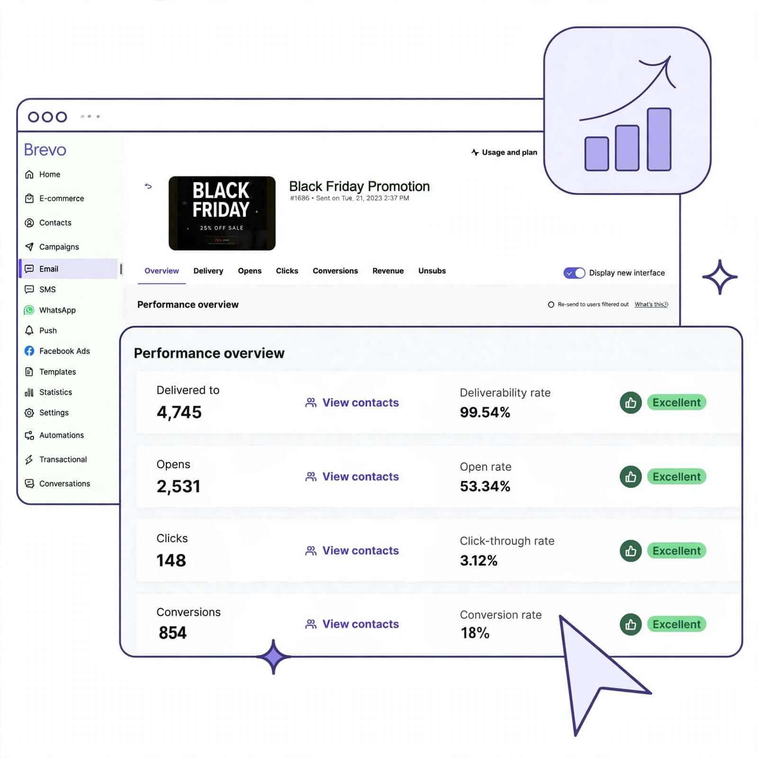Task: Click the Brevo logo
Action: (x=45, y=150)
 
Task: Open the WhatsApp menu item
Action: (x=57, y=310)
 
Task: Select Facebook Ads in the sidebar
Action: (x=57, y=351)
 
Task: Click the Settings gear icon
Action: (x=29, y=413)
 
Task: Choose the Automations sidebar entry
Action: (x=54, y=435)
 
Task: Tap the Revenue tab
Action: (x=388, y=271)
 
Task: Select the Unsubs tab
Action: (x=432, y=271)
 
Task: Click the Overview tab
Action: (x=162, y=271)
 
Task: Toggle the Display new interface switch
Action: (x=574, y=273)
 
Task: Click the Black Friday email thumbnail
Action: (x=222, y=213)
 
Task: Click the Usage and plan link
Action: (x=504, y=153)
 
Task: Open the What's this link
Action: (x=651, y=305)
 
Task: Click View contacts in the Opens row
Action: (x=352, y=477)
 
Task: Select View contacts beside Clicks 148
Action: (x=352, y=550)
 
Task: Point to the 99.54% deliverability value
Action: (x=485, y=413)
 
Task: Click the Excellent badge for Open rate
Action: (x=677, y=477)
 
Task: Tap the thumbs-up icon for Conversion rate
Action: (x=631, y=624)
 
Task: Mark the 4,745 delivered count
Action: (x=179, y=413)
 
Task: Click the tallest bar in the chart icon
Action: (x=659, y=139)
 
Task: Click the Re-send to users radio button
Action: (x=551, y=305)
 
